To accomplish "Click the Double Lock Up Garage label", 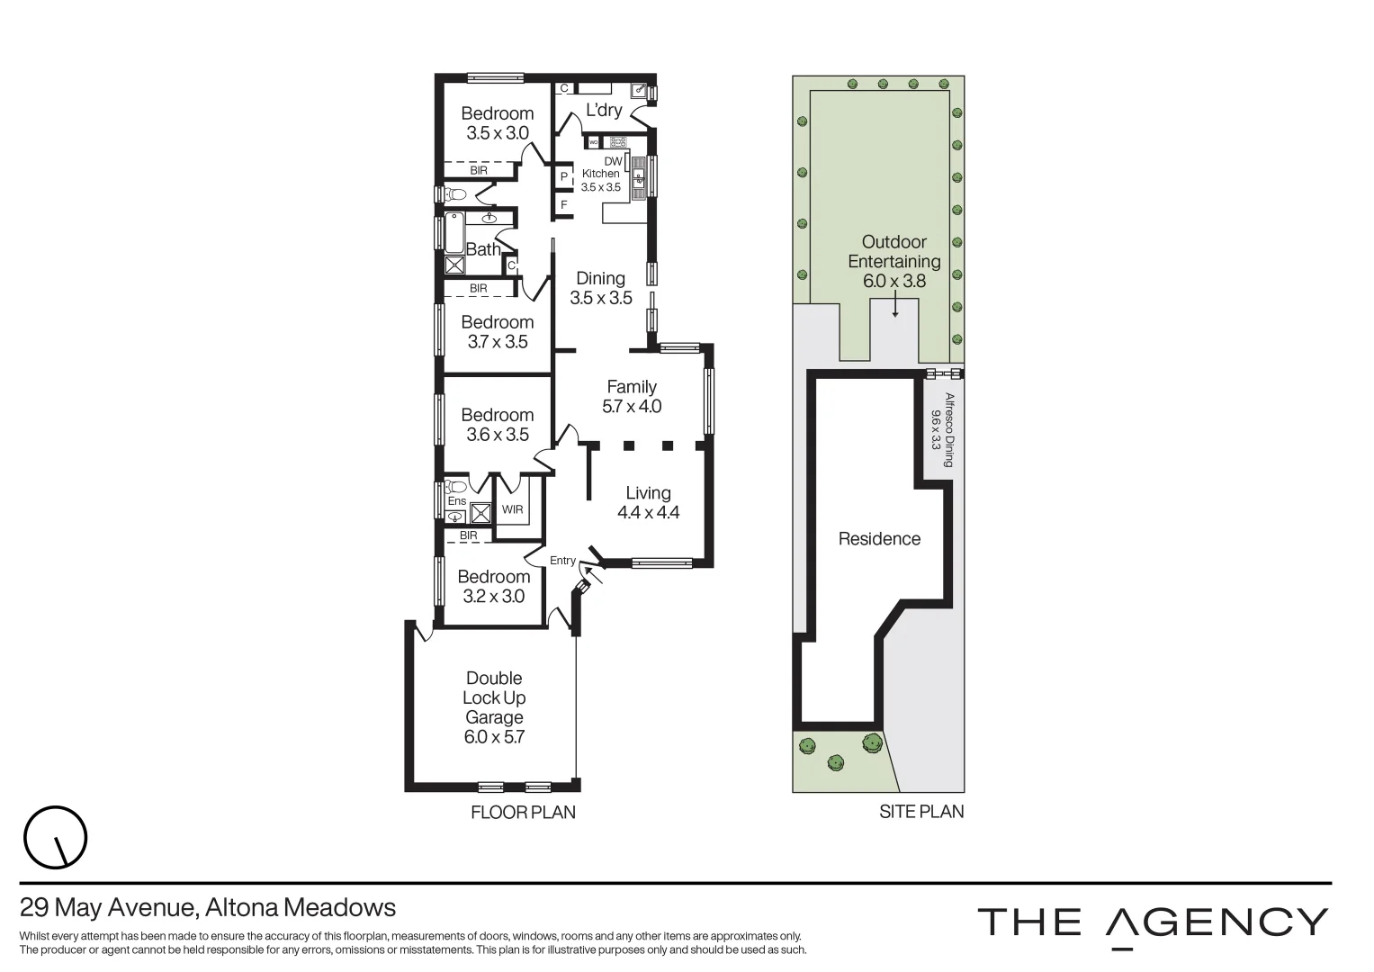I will (494, 697).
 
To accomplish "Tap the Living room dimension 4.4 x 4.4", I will (648, 513).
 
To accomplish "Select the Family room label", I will (631, 387).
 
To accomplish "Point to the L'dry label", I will (604, 110).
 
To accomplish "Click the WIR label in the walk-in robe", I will (512, 509).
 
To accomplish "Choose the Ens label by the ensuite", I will (457, 501).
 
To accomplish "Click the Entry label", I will (562, 561).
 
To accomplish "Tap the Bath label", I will (483, 249).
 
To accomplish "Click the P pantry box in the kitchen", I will (564, 176).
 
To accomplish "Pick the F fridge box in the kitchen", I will (564, 205).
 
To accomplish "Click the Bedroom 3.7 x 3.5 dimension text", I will (498, 342).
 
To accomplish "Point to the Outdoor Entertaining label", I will (894, 252).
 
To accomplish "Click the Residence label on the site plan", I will (879, 539).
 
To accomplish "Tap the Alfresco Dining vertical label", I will (942, 430).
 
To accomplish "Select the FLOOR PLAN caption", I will (523, 812).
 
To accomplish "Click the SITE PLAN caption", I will (920, 812).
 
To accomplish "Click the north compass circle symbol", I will (55, 839).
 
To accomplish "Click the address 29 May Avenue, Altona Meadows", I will (208, 907).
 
